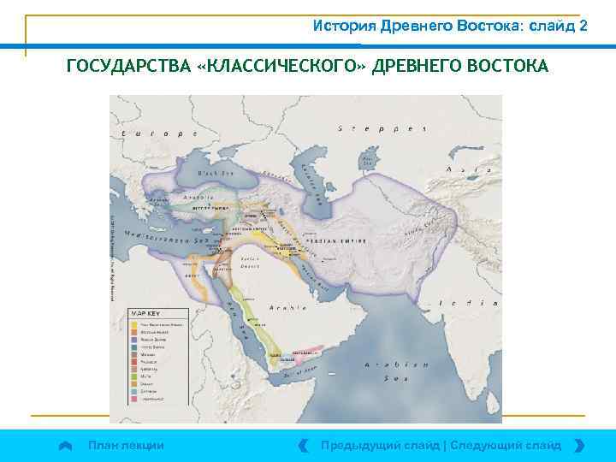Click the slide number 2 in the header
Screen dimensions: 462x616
(583, 26)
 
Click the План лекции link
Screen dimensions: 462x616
(126, 445)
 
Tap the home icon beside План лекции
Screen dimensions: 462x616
(65, 445)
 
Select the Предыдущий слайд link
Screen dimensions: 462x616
(379, 445)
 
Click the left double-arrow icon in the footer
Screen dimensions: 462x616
(303, 445)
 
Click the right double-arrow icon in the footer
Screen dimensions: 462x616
(580, 445)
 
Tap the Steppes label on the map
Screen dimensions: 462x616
(382, 128)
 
